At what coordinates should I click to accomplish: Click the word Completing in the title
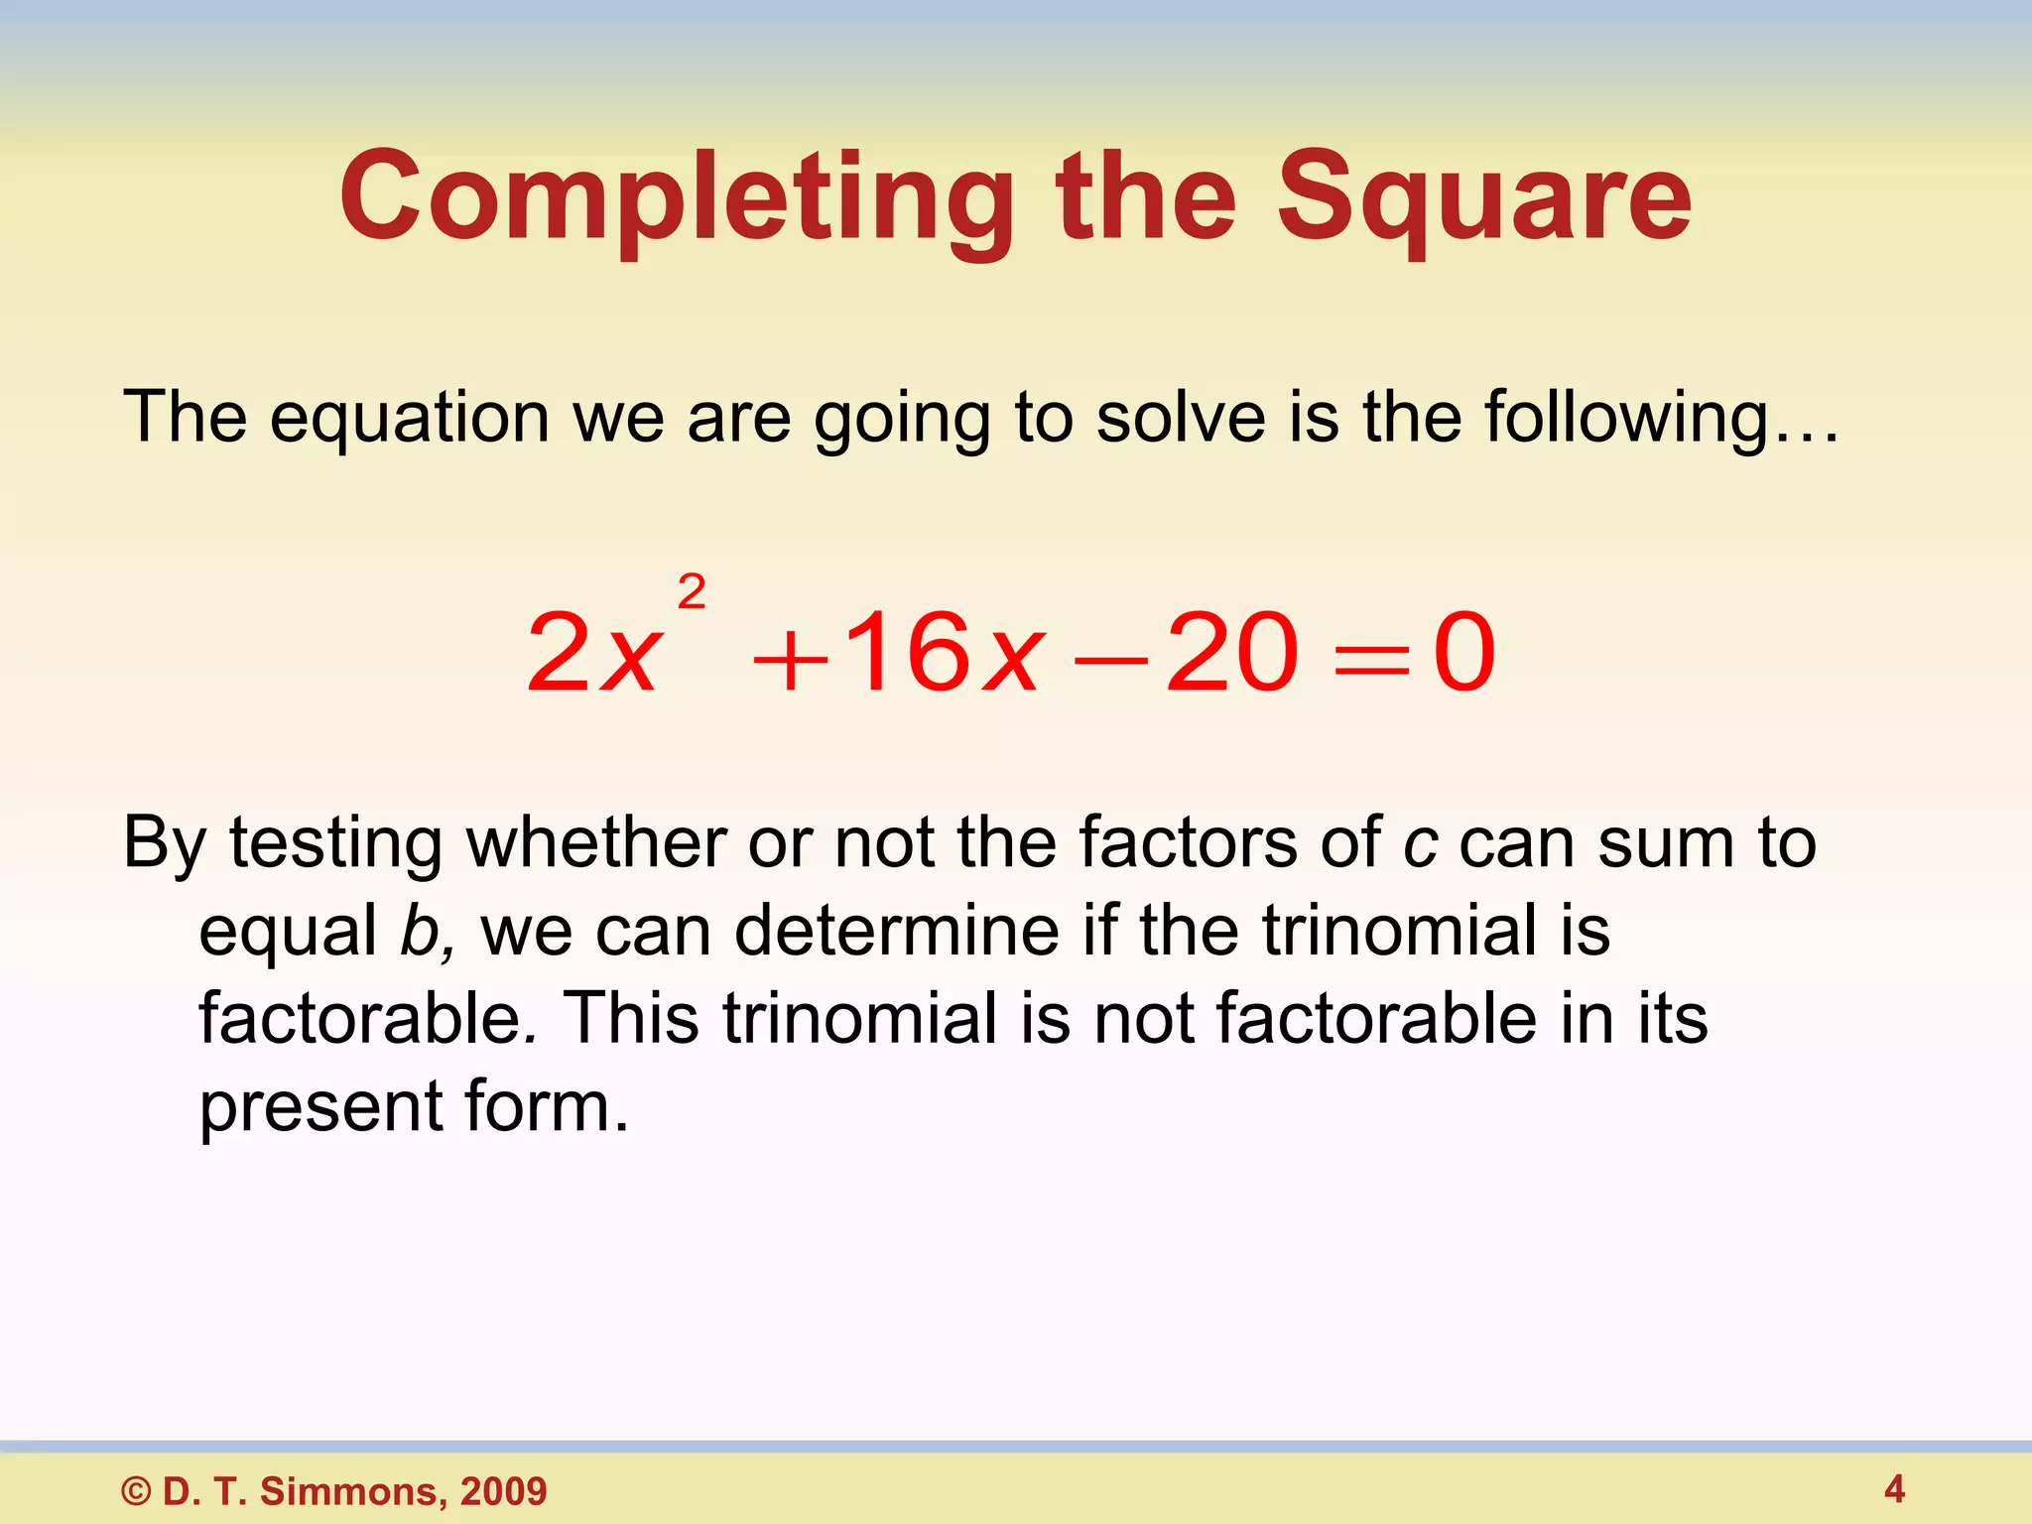point(676,198)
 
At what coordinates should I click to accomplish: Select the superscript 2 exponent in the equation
point(692,592)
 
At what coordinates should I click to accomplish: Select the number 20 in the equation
point(1231,652)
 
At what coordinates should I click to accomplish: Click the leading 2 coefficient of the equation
point(558,652)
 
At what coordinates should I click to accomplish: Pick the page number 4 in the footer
point(1894,1488)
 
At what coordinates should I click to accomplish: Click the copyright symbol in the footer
point(136,1491)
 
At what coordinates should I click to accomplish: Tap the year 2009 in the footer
point(503,1491)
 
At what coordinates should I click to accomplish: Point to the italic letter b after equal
point(418,932)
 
